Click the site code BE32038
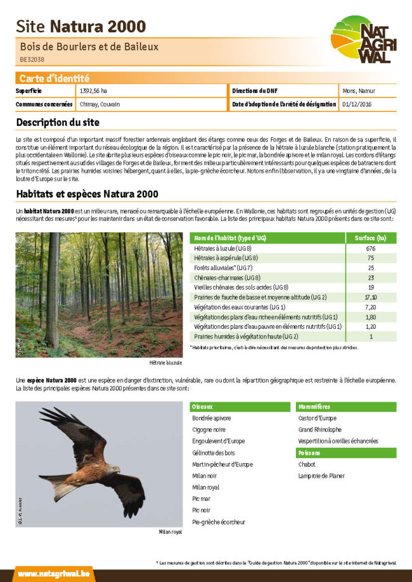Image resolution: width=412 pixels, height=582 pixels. (x=32, y=59)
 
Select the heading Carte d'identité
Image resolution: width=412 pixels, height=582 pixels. (x=55, y=78)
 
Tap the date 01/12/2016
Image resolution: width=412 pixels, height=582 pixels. (x=357, y=104)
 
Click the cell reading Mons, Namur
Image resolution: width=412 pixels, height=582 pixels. (x=359, y=91)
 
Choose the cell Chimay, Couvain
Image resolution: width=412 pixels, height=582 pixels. (x=100, y=104)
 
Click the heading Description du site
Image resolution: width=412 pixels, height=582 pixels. (x=58, y=122)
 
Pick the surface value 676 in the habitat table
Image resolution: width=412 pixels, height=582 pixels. (x=371, y=249)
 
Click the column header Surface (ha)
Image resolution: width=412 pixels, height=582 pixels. (x=371, y=238)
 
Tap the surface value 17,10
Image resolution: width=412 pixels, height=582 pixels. (x=371, y=297)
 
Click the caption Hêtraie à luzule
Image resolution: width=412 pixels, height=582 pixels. (x=165, y=363)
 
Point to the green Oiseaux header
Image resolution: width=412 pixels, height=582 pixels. (x=241, y=406)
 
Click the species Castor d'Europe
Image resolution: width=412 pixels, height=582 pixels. (x=318, y=418)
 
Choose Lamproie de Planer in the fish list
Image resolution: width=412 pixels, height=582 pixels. (x=321, y=476)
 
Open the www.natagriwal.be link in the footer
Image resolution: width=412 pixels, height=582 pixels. (x=54, y=574)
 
